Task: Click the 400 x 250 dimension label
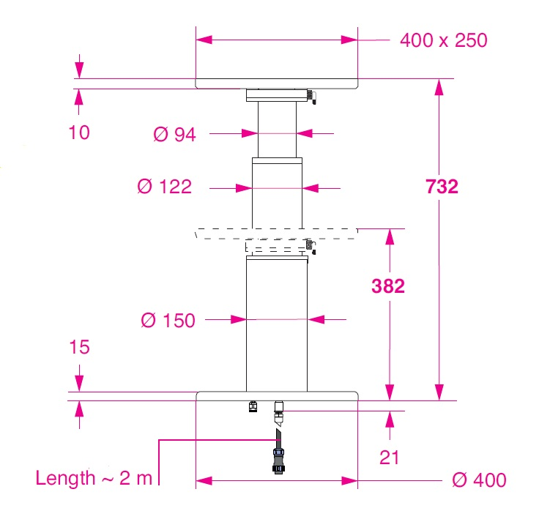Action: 443,40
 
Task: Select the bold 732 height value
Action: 442,187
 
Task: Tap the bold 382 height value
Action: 387,286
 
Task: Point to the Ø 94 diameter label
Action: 175,134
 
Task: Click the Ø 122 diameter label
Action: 165,187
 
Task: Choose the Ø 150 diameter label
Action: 168,320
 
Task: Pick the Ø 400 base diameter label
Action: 479,480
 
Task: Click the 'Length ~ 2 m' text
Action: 94,479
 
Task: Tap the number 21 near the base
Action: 390,458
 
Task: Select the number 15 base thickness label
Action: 79,347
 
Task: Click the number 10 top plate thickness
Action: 79,133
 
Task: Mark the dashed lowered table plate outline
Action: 277,233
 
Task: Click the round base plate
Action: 277,396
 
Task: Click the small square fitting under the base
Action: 254,406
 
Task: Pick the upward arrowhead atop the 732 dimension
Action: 439,87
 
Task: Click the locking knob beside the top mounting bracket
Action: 311,96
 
